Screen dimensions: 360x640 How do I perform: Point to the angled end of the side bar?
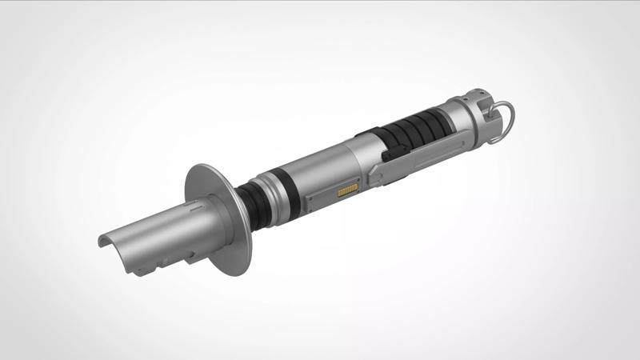click(x=376, y=173)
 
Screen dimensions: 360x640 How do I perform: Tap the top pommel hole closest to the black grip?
click(x=466, y=100)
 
